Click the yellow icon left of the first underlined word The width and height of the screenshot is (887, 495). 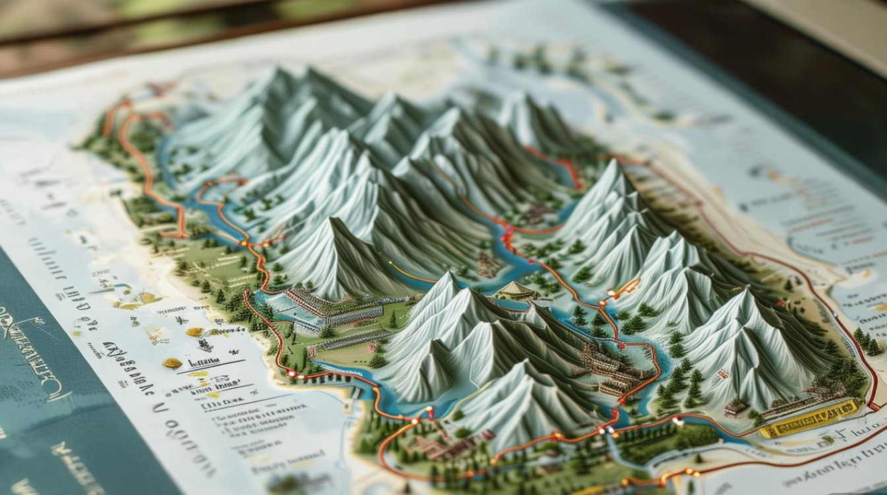tap(172, 362)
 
